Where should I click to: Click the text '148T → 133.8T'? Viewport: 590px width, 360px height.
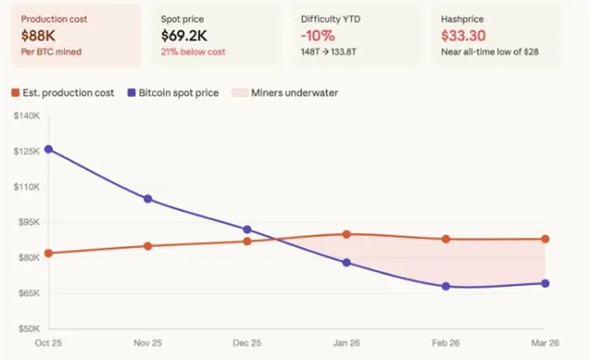(x=334, y=52)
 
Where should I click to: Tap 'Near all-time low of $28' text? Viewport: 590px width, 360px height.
(x=488, y=52)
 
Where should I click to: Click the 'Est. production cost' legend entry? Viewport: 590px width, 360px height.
(x=62, y=93)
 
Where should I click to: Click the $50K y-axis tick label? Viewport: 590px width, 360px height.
(x=28, y=329)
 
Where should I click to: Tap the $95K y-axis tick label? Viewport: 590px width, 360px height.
(x=28, y=223)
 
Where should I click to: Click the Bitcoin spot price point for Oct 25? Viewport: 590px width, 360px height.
(x=48, y=149)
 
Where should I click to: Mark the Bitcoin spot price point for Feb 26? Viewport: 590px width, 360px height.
(x=446, y=286)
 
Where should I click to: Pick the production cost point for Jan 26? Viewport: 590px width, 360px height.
(x=347, y=234)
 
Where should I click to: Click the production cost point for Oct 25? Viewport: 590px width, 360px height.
(x=48, y=253)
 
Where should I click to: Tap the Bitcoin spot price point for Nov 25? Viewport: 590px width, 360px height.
(x=147, y=199)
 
